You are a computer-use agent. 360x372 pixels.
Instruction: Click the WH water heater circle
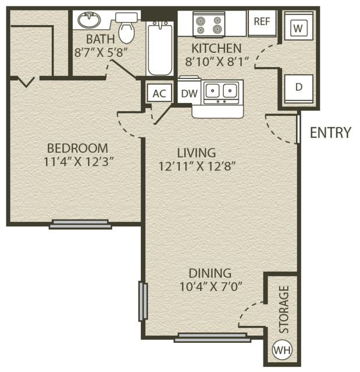282,350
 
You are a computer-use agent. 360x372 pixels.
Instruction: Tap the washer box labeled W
298,26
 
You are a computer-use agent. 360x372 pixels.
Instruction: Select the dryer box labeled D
298,88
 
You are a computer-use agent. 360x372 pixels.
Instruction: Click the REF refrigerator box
262,23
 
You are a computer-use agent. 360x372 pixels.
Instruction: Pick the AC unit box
159,93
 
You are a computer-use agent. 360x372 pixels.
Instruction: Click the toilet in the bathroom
126,28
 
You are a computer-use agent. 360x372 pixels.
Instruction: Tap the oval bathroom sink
89,20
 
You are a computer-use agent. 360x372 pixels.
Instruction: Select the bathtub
160,48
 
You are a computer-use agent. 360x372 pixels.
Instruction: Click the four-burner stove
209,24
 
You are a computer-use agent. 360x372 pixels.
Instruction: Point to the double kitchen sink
222,93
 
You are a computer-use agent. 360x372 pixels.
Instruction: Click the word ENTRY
330,132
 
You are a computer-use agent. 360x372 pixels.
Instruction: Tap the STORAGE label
284,309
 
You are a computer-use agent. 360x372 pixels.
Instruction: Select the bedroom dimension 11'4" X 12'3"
77,162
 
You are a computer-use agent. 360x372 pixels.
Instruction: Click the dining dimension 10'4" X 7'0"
211,286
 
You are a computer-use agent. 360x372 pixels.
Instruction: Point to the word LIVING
197,153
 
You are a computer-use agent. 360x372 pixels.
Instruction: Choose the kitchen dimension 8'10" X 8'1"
216,62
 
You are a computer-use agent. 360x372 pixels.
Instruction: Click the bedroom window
80,224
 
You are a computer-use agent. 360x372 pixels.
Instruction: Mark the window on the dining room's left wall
143,301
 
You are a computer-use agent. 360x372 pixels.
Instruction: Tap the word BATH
101,39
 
